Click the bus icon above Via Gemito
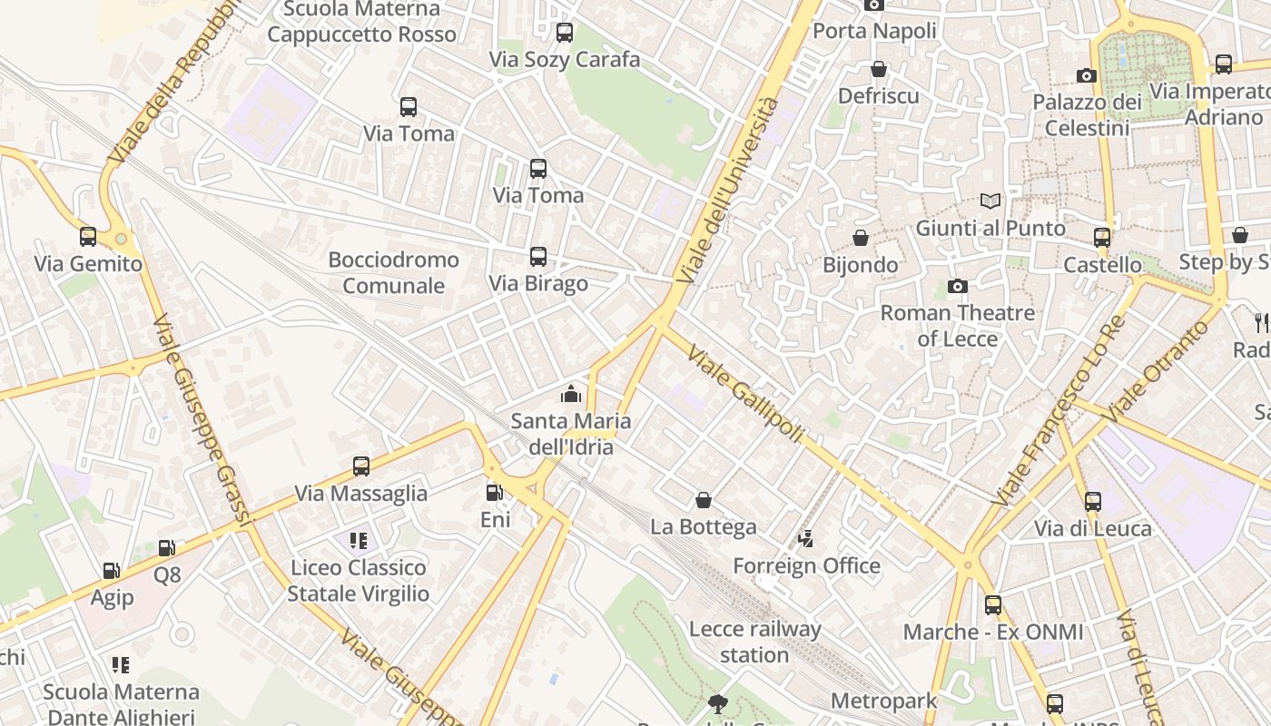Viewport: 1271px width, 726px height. coord(88,237)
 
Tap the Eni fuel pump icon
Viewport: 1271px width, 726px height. coord(495,493)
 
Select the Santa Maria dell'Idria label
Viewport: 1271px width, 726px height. coord(570,434)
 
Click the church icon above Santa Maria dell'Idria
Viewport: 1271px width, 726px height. coord(570,394)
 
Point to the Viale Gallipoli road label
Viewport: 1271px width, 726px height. coord(745,394)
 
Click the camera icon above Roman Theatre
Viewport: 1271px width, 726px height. coord(957,287)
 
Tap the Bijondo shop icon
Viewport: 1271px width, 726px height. coord(861,239)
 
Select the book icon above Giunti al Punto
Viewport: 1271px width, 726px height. coord(990,201)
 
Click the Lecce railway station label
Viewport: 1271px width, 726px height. coord(754,642)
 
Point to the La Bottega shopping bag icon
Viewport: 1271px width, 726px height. coord(704,500)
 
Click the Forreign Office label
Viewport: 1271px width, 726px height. coord(806,566)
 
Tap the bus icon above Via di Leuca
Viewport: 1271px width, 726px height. coord(1093,501)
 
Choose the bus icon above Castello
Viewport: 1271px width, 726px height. coord(1102,238)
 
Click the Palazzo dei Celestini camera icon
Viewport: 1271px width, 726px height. coord(1087,75)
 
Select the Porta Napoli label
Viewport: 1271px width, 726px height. coord(874,31)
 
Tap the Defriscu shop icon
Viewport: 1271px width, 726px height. coord(878,69)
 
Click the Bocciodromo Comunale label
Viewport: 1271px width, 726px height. coord(393,272)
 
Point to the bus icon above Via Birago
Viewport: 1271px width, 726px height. coord(538,257)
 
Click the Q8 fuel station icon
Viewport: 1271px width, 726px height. coord(167,548)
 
